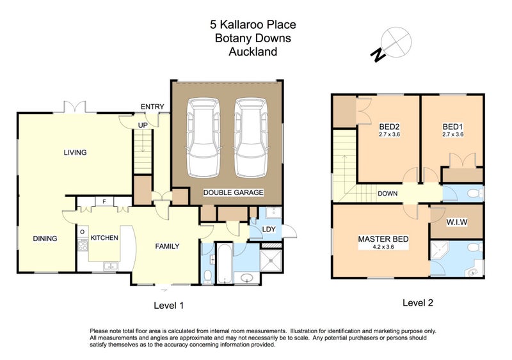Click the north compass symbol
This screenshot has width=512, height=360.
pyautogui.click(x=391, y=44)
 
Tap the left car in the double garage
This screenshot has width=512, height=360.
pyautogui.click(x=204, y=138)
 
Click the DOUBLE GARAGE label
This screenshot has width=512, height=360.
pyautogui.click(x=233, y=192)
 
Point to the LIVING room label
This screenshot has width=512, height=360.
pyautogui.click(x=75, y=152)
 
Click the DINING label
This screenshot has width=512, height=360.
pyautogui.click(x=45, y=239)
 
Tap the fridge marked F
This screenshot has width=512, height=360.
pyautogui.click(x=104, y=201)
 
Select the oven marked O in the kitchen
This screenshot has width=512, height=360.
pyautogui.click(x=83, y=232)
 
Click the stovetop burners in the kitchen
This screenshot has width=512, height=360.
pyautogui.click(x=83, y=245)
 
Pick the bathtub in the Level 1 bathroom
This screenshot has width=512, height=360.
pyautogui.click(x=225, y=263)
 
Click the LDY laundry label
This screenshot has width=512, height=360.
pyautogui.click(x=269, y=229)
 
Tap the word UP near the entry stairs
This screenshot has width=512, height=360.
pyautogui.click(x=143, y=125)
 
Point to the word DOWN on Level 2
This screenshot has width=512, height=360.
pyautogui.click(x=388, y=194)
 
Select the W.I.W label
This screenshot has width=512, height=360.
pyautogui.click(x=457, y=223)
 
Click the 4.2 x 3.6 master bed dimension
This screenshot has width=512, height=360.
pyautogui.click(x=383, y=247)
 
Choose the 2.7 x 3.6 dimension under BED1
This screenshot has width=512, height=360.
pyautogui.click(x=453, y=134)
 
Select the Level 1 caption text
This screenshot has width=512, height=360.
pyautogui.click(x=168, y=306)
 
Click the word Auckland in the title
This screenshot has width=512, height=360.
pyautogui.click(x=253, y=52)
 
